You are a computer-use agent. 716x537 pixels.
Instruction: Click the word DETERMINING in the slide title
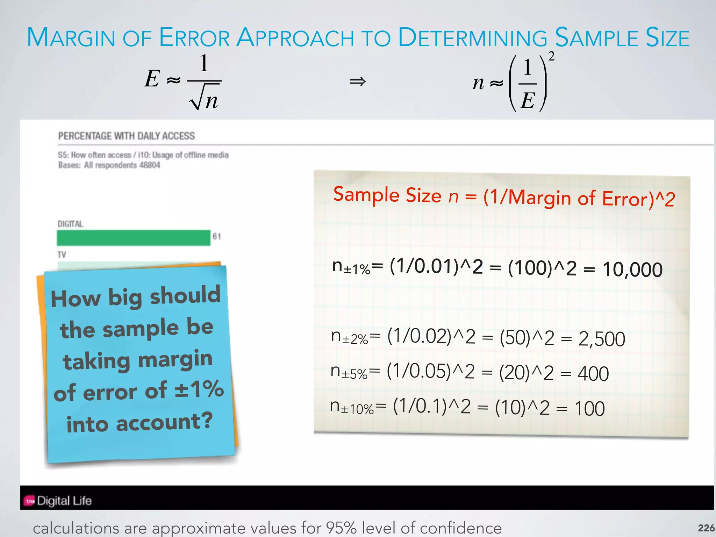[472, 38]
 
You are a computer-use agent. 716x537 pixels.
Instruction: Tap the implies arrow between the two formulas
[358, 82]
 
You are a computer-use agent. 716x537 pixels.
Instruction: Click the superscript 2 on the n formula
[551, 56]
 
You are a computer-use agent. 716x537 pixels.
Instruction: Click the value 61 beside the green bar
[217, 237]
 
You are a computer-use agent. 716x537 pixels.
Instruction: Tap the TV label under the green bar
[62, 255]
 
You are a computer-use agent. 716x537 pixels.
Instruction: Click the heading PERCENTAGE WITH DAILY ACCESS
[126, 136]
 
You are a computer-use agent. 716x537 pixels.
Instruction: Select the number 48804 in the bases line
[150, 165]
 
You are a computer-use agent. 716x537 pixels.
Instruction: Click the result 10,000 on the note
[632, 270]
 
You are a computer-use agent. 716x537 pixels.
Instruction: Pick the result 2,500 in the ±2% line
[602, 339]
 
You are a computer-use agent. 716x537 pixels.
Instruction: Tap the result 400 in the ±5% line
[593, 373]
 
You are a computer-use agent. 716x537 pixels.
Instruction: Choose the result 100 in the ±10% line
[589, 408]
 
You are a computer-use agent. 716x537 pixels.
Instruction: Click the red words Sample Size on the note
[387, 195]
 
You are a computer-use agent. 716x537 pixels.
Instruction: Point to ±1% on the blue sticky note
[199, 389]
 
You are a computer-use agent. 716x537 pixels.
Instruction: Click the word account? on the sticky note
[164, 422]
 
